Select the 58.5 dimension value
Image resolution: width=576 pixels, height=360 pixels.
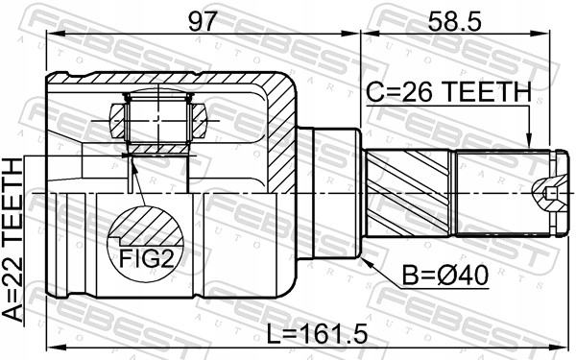point(454,21)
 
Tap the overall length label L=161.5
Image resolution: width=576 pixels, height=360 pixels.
point(317,334)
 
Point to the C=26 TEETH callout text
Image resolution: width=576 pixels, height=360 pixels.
point(449,92)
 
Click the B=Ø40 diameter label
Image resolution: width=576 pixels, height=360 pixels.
point(445,276)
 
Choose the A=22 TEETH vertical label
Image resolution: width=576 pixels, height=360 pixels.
point(12,240)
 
